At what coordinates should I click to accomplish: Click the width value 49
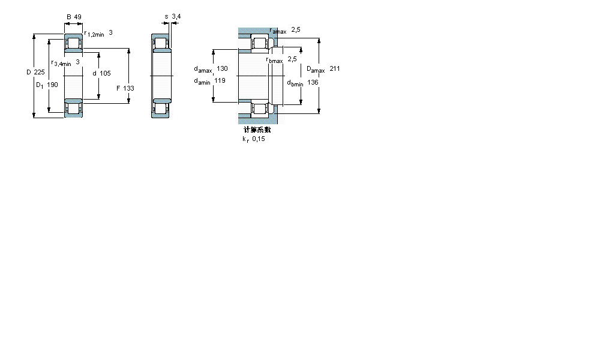[x=78, y=17]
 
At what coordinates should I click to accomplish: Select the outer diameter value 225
[x=40, y=73]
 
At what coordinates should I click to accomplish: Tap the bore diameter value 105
[x=105, y=73]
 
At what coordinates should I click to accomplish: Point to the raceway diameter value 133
[x=129, y=88]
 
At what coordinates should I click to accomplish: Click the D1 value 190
[x=53, y=85]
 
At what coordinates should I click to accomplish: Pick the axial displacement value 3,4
[x=176, y=17]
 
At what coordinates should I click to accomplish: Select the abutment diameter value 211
[x=334, y=69]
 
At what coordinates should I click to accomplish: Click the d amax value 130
[x=222, y=69]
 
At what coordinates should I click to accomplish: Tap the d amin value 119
[x=220, y=80]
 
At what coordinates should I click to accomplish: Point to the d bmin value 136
[x=313, y=82]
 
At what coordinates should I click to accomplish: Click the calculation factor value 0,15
[x=258, y=139]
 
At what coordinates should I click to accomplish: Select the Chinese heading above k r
[x=257, y=130]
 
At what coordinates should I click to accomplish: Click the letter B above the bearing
[x=69, y=17]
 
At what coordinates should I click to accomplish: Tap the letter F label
[x=118, y=88]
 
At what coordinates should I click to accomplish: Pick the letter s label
[x=166, y=17]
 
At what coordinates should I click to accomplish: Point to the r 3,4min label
[x=61, y=63]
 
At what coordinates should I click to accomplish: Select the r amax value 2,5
[x=295, y=29]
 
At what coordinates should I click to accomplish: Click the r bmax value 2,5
[x=292, y=59]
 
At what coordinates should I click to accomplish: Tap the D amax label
[x=316, y=70]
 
